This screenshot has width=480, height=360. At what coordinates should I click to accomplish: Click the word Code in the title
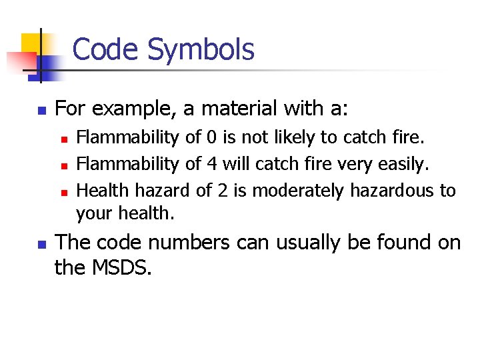pyautogui.click(x=106, y=49)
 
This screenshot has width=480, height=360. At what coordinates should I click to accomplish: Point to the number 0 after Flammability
pyautogui.click(x=211, y=138)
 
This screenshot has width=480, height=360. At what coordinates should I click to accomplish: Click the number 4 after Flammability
pyautogui.click(x=211, y=164)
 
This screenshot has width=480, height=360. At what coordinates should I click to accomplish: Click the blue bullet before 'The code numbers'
pyautogui.click(x=41, y=244)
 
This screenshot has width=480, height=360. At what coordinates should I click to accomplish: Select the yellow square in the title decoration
pyautogui.click(x=31, y=43)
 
